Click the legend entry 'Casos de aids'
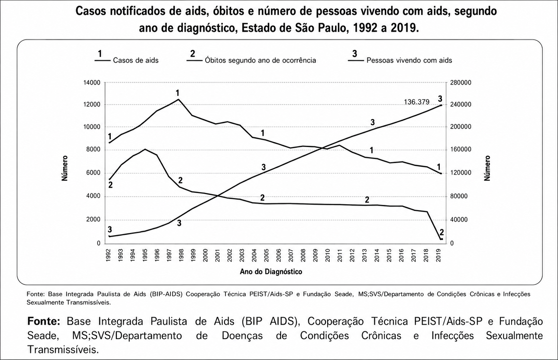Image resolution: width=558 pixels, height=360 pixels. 136,60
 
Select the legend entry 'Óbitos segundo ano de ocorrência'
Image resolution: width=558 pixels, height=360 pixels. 260,60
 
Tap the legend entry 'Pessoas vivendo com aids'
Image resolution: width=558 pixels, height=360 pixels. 409,60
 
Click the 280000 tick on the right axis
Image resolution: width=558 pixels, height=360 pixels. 460,83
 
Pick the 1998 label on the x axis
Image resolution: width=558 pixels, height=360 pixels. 181,255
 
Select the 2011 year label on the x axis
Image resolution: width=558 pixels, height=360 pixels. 340,255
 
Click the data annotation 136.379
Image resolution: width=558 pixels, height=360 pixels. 417,102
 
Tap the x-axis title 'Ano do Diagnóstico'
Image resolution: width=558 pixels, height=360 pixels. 271,271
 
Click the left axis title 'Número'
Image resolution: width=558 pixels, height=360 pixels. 65,168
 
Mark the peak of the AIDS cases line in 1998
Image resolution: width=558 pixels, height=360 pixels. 178,99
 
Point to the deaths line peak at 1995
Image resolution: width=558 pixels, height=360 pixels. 145,149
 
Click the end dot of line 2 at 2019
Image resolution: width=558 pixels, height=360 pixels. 441,239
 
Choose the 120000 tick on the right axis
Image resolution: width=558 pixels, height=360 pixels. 460,173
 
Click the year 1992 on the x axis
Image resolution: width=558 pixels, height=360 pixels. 108,255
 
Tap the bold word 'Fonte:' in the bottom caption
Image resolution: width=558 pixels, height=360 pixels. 44,321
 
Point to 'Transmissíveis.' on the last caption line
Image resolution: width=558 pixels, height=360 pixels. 63,350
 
